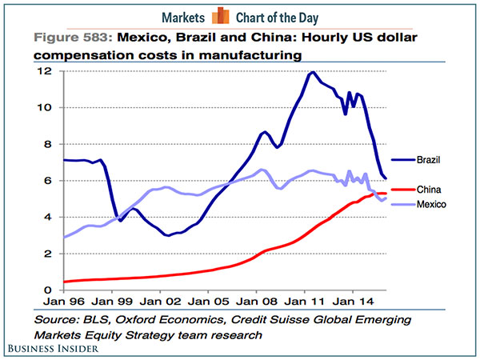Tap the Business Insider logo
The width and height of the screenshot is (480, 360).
61,350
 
